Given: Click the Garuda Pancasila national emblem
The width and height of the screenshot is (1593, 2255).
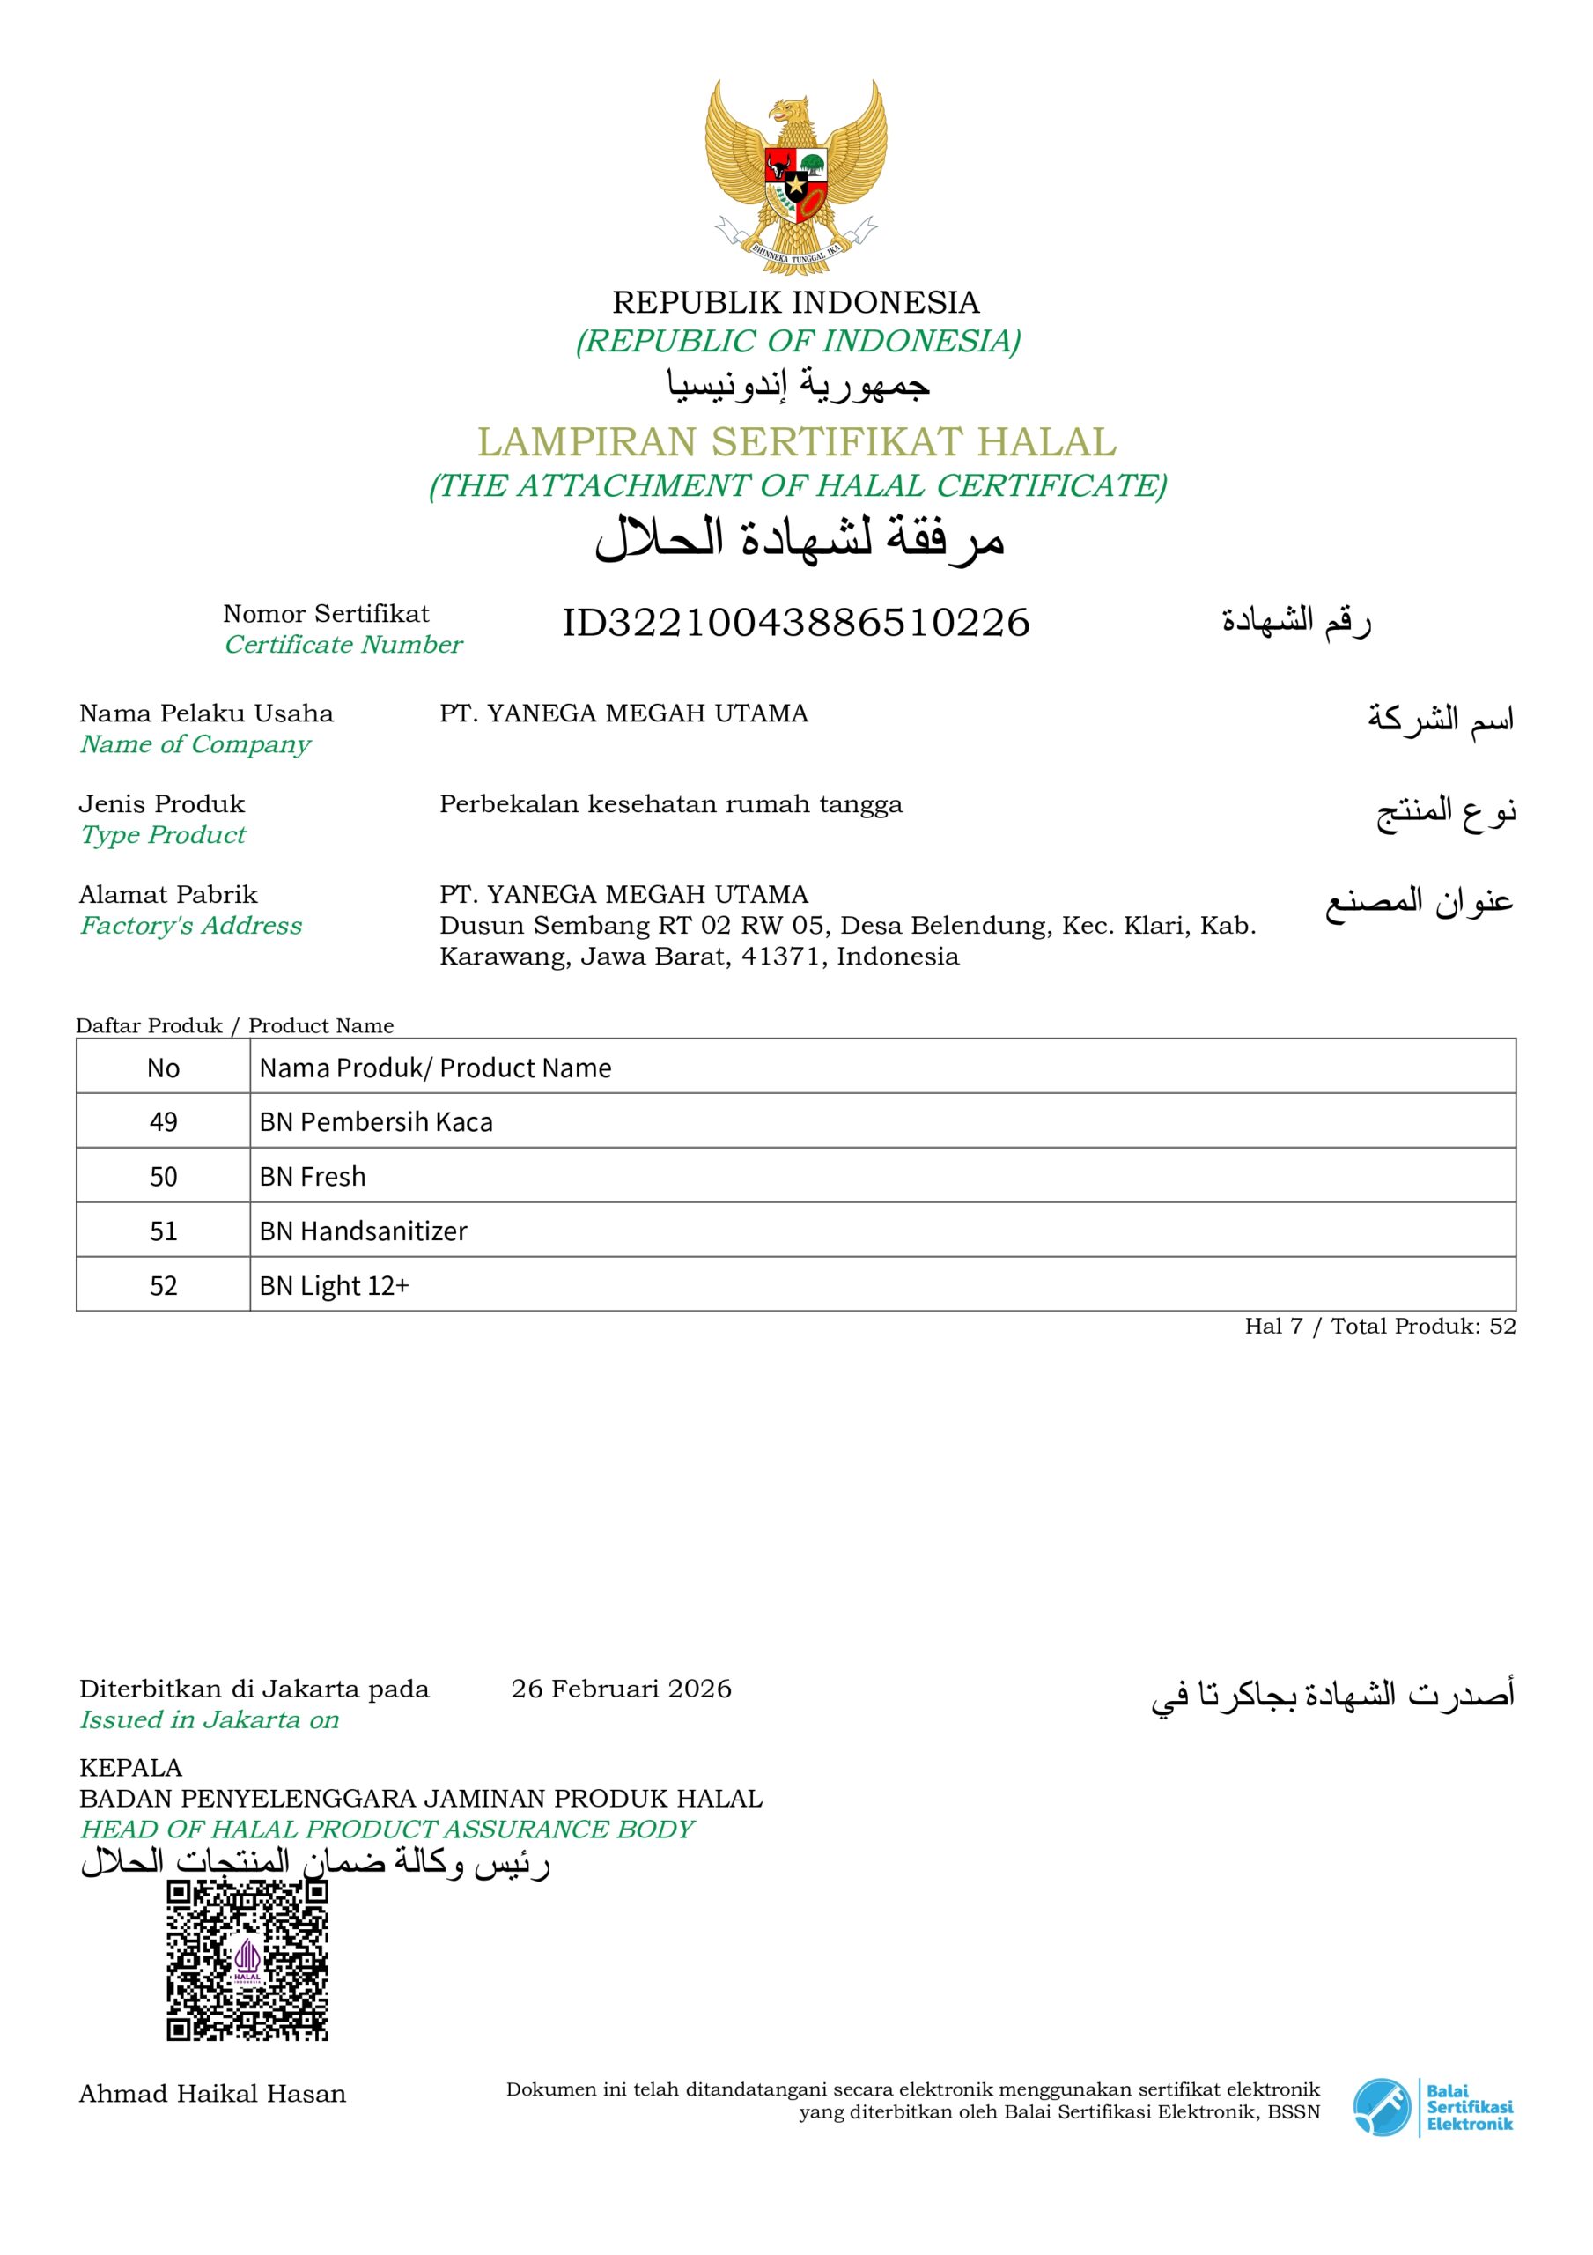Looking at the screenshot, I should tap(795, 177).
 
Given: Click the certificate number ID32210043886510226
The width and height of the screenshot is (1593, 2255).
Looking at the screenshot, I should tap(795, 623).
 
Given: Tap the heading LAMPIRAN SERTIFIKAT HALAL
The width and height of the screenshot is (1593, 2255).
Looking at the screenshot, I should tap(796, 442).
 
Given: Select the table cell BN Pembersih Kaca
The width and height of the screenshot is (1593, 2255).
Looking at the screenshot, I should tap(376, 1121).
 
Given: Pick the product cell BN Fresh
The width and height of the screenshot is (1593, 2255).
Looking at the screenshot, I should tap(313, 1177).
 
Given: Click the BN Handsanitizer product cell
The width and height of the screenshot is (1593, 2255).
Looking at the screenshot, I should tap(364, 1231).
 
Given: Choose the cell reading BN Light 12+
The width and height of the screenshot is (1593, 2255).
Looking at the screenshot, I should tap(334, 1286).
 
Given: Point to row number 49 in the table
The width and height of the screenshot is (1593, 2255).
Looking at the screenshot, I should tap(163, 1121).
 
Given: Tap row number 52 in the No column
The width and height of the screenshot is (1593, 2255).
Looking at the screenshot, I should tap(163, 1286).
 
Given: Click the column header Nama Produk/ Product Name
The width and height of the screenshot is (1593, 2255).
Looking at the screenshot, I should tap(435, 1068).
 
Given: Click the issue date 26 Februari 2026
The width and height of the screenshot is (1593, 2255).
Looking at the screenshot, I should tap(621, 1689).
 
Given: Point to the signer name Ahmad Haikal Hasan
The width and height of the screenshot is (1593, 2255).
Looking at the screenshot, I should tap(212, 2093).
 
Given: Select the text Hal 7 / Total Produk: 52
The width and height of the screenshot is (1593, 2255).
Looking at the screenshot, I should tap(1380, 1326).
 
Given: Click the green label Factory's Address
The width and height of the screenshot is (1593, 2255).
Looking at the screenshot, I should tap(190, 925).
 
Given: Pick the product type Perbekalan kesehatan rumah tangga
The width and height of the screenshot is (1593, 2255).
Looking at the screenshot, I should tap(671, 803).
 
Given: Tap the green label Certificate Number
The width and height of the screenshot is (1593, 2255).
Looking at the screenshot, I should tap(343, 644).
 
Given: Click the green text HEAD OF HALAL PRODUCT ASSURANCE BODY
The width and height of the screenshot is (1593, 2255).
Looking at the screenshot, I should tap(387, 1829).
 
